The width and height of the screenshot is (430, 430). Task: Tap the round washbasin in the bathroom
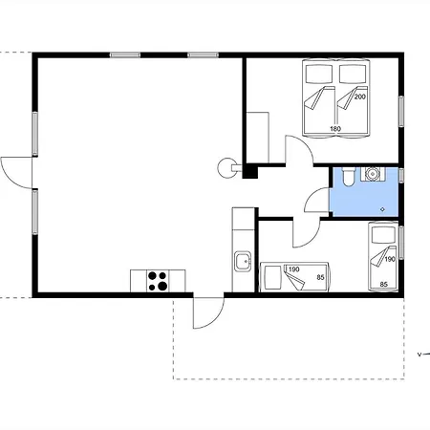coord(372,174)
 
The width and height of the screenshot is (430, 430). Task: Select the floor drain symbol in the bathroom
coord(382,209)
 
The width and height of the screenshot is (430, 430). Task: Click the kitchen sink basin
coord(244,261)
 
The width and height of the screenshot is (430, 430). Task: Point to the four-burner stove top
coord(158,281)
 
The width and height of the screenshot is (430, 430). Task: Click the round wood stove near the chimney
coord(226,168)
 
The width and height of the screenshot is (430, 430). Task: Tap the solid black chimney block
coord(250,171)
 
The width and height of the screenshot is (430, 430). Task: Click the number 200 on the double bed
coord(360,97)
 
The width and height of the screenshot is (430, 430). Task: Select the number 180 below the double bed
coord(335,129)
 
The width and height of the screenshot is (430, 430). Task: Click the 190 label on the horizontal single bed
coord(293,269)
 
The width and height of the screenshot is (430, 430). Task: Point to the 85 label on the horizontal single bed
coord(320,277)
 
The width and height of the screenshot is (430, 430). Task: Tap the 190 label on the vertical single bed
coord(390,259)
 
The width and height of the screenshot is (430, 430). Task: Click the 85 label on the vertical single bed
coord(384,284)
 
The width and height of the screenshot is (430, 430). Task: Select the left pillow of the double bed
coord(319,74)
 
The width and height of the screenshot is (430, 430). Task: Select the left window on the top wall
coord(125,55)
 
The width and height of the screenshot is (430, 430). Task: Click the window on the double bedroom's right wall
coord(401,112)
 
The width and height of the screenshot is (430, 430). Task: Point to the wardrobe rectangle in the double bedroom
coord(258,138)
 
